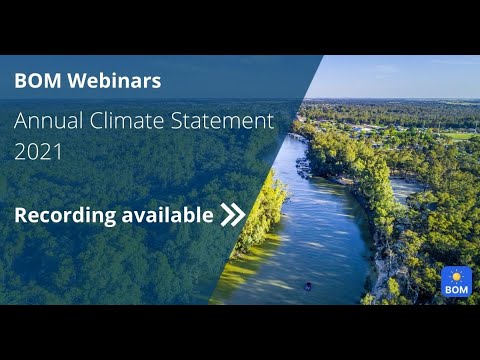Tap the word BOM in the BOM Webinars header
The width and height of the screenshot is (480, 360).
click(36, 81)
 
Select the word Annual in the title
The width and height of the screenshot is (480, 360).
click(46, 122)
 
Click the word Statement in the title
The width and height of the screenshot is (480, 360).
click(221, 122)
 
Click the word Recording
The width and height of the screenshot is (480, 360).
click(62, 214)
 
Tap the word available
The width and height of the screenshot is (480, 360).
click(164, 213)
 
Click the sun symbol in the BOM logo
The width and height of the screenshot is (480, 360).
click(455, 275)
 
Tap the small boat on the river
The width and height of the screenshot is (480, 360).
click(307, 287)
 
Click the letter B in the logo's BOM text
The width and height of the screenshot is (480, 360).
click(447, 289)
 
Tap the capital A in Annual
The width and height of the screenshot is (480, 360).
click(22, 122)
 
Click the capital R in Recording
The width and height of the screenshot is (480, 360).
click(21, 214)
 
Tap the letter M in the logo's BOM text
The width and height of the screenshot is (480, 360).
click(463, 289)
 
